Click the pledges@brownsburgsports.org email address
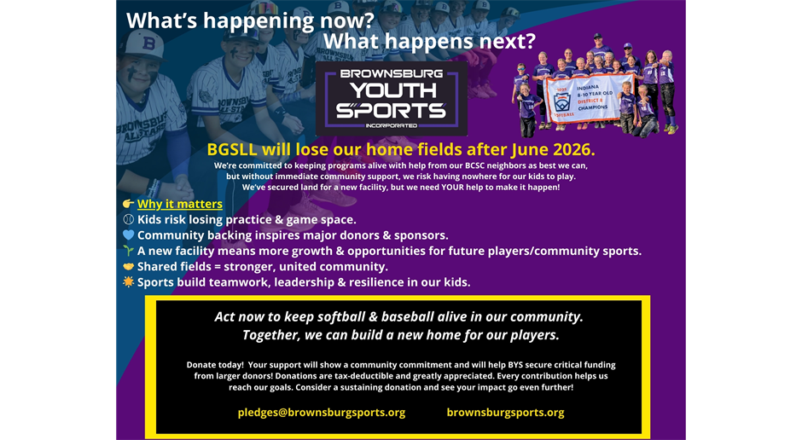(321, 413)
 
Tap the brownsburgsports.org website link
(505, 413)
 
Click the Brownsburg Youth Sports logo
(392, 99)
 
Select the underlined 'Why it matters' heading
(179, 204)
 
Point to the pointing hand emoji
(128, 204)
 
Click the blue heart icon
(128, 235)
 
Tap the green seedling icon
(128, 251)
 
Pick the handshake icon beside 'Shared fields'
(128, 266)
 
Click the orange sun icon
(128, 281)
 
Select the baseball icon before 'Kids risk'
(128, 219)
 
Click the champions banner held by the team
(588, 99)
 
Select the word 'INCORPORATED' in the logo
(392, 125)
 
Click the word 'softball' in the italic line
(341, 317)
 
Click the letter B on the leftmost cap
(148, 43)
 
